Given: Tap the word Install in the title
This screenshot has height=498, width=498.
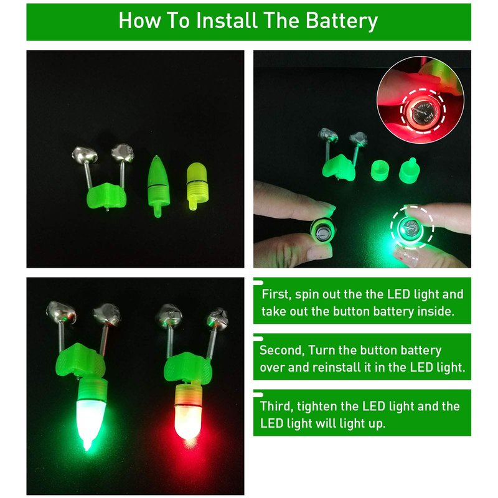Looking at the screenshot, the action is click(x=227, y=21).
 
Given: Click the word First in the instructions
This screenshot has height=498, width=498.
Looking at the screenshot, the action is click(x=276, y=294).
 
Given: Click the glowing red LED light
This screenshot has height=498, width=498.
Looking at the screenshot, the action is click(x=187, y=413).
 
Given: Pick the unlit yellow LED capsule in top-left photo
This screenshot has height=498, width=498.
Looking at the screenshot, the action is click(x=197, y=186).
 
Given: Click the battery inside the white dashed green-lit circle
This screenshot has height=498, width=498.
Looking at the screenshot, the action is click(x=411, y=228).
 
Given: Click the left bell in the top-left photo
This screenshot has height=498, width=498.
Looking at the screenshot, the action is click(x=84, y=154).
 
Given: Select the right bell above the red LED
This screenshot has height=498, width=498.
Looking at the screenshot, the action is click(x=217, y=318).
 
